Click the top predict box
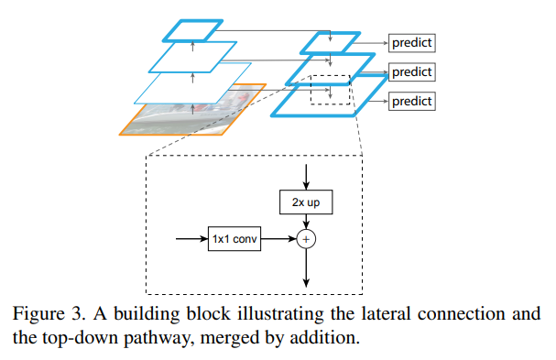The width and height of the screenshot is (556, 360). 410,42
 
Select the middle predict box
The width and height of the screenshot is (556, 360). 410,71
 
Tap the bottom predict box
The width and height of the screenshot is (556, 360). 410,101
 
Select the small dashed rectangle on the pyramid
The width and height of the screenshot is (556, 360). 330,90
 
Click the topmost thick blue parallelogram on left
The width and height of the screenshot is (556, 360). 192,30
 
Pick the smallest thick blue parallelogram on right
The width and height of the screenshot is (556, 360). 326,42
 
